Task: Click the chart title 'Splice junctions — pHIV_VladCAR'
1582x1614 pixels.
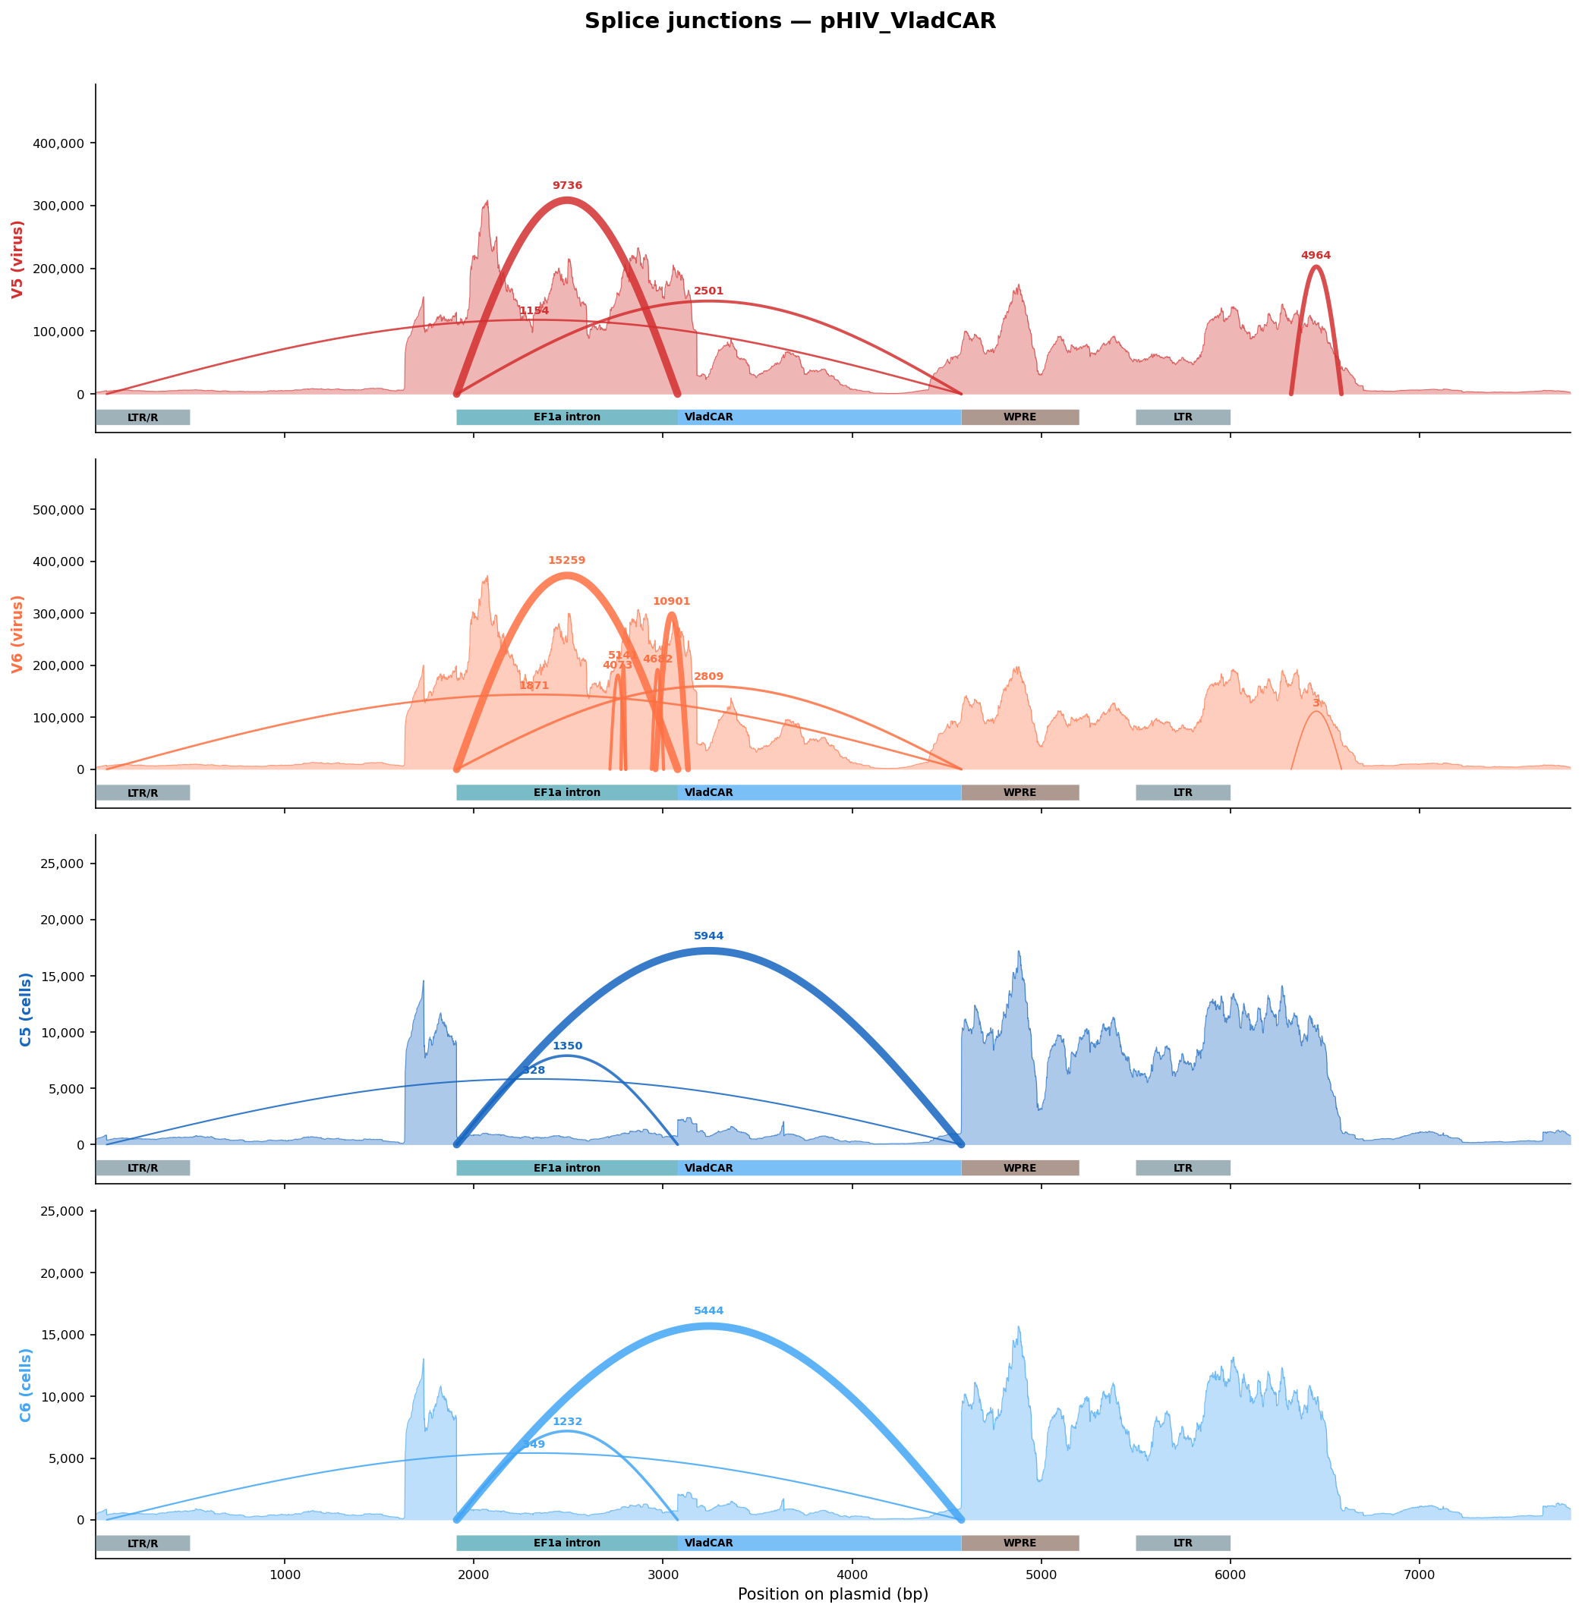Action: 790,21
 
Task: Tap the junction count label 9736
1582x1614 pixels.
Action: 568,186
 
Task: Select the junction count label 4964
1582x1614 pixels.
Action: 1316,256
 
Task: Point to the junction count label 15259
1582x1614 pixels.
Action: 566,562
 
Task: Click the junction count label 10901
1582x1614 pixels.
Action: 671,602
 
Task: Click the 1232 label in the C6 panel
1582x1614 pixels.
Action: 568,1422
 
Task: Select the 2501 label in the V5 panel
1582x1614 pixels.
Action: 709,291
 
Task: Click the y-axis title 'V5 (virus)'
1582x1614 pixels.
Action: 17,260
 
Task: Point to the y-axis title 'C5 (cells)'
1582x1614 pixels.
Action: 26,1009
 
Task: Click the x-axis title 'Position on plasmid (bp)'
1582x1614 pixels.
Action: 833,1594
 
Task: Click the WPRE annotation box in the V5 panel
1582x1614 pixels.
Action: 1020,418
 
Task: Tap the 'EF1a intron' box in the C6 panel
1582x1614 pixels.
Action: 566,1543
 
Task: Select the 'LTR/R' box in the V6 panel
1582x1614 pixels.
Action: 143,793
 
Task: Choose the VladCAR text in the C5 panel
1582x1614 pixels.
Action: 709,1169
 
